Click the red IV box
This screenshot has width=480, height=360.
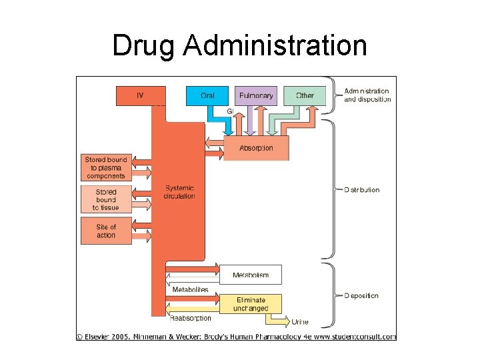pyautogui.click(x=140, y=95)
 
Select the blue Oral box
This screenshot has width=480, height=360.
pyautogui.click(x=207, y=95)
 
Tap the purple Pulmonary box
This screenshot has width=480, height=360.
pyautogui.click(x=255, y=95)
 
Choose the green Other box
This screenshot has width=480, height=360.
pyautogui.click(x=305, y=95)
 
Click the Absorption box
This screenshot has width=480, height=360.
pyautogui.click(x=256, y=148)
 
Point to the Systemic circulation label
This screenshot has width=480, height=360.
pyautogui.click(x=179, y=192)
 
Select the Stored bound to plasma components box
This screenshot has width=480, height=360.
pyautogui.click(x=105, y=168)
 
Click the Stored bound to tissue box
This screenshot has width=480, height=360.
pyautogui.click(x=105, y=199)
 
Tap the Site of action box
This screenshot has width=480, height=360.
pyautogui.click(x=105, y=231)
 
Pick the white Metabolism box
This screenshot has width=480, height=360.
pyautogui.click(x=251, y=275)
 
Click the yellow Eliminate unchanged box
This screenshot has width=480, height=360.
pyautogui.click(x=251, y=304)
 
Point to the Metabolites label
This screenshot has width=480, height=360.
pyautogui.click(x=190, y=290)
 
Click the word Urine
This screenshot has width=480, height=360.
pyautogui.click(x=300, y=322)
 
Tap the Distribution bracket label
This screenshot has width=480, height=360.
pyautogui.click(x=361, y=190)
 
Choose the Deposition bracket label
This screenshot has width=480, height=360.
pyautogui.click(x=361, y=295)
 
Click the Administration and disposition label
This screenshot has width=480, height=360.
pyautogui.click(x=367, y=95)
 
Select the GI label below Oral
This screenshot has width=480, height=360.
pyautogui.click(x=230, y=111)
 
